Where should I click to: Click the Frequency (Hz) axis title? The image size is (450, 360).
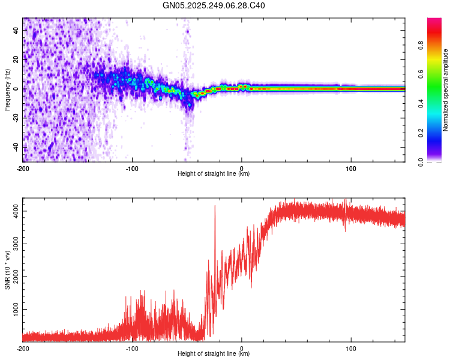pyautogui.click(x=7, y=90)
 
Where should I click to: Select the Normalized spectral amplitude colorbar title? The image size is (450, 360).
pyautogui.click(x=446, y=90)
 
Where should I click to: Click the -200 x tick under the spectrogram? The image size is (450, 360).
pyautogui.click(x=23, y=169)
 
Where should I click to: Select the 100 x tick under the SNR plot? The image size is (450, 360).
pyautogui.click(x=351, y=348)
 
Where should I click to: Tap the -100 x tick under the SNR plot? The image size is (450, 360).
pyautogui.click(x=132, y=348)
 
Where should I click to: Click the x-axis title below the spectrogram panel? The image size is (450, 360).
pyautogui.click(x=214, y=174)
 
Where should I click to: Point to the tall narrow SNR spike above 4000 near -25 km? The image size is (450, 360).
pyautogui.click(x=215, y=207)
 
